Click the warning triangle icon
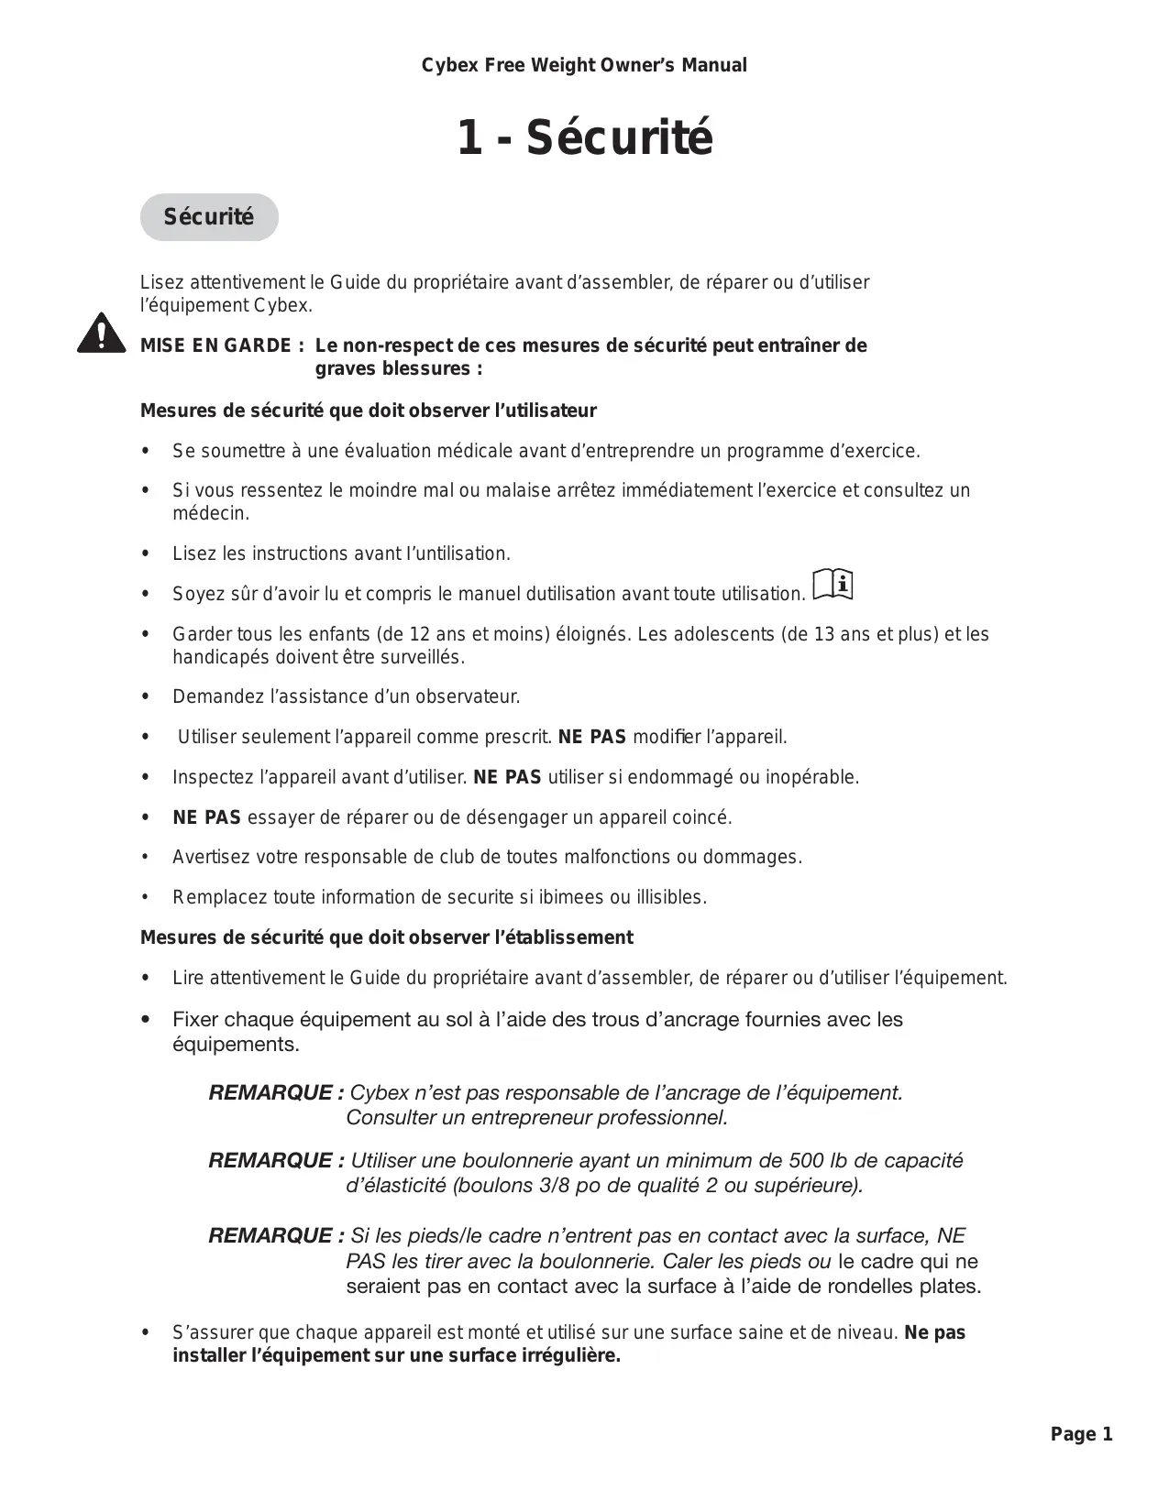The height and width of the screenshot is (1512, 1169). point(102,334)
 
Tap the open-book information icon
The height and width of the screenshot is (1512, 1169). point(833,584)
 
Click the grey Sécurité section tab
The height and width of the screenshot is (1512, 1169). point(209,217)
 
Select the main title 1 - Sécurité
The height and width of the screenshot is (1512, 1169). point(584,138)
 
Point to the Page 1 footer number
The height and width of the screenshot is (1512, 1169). point(1081,1434)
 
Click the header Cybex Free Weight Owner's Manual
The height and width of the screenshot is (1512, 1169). point(584,65)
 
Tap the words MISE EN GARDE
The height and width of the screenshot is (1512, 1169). point(216,346)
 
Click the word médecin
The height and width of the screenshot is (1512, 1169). point(210,513)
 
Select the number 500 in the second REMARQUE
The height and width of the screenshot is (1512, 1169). point(807,1160)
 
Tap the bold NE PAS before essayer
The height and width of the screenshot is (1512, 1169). point(206,816)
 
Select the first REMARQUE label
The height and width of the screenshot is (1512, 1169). point(276,1092)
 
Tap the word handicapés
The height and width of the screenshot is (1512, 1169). point(215,657)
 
